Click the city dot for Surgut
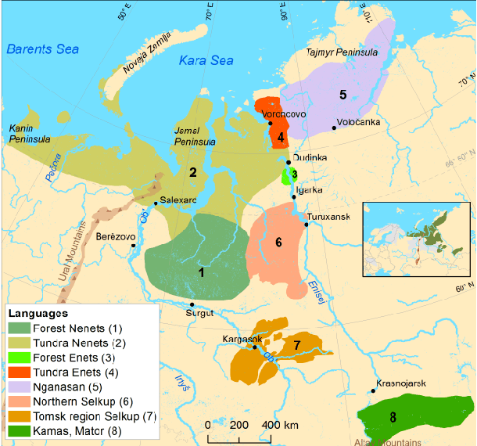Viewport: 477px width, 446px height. [x=192, y=305]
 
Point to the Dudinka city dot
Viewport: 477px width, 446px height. [x=289, y=162]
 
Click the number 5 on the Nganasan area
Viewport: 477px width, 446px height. [x=343, y=95]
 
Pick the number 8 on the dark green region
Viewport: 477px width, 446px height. [x=393, y=417]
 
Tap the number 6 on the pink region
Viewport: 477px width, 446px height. [x=278, y=242]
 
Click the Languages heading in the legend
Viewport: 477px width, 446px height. [x=40, y=313]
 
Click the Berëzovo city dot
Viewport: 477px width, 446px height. [x=134, y=245]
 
